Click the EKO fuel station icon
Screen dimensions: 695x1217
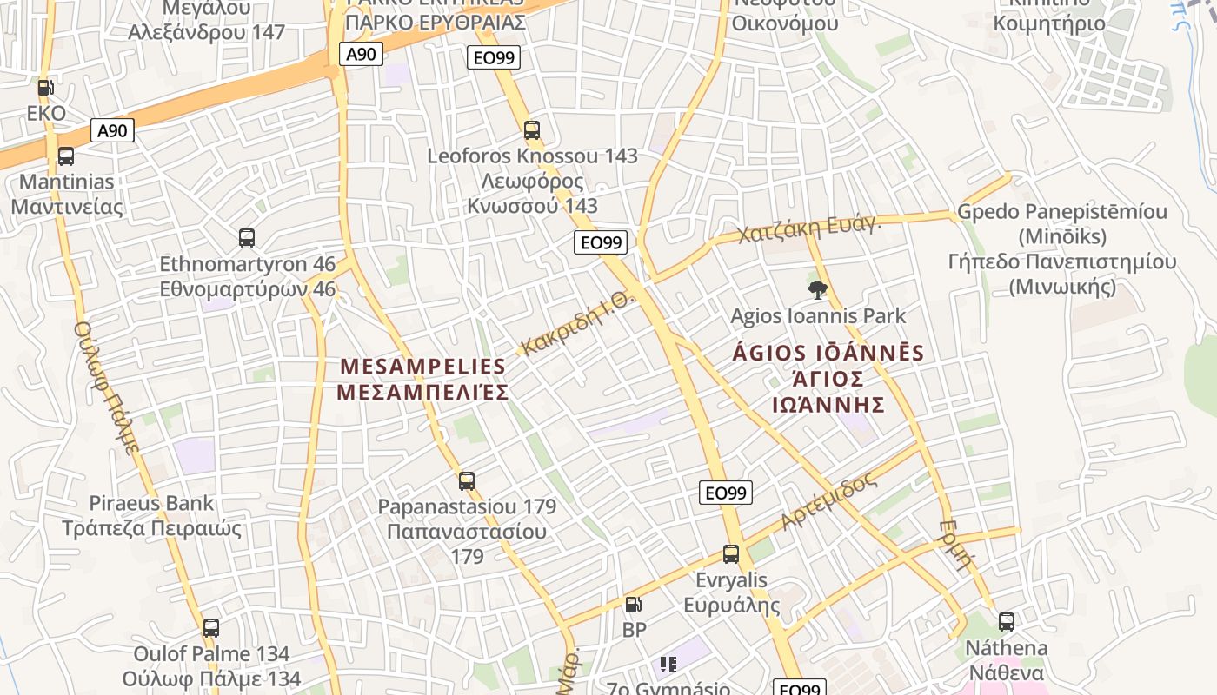click(45, 87)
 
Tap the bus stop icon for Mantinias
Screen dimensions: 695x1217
click(65, 156)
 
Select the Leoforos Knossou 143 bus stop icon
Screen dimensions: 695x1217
click(532, 130)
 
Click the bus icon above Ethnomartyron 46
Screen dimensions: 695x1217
click(247, 238)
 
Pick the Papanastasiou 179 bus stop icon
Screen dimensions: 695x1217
click(467, 480)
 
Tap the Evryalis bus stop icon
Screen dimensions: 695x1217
click(731, 554)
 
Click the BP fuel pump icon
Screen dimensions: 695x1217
click(634, 605)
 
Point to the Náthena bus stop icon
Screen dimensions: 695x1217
click(1007, 622)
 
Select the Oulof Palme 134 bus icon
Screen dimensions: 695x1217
click(211, 628)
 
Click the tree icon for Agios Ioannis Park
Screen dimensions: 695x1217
click(817, 290)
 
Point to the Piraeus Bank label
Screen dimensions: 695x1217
click(151, 503)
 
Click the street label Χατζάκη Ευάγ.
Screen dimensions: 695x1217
click(809, 228)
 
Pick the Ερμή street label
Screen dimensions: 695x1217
click(955, 544)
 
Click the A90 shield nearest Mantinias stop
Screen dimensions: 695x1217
click(112, 131)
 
